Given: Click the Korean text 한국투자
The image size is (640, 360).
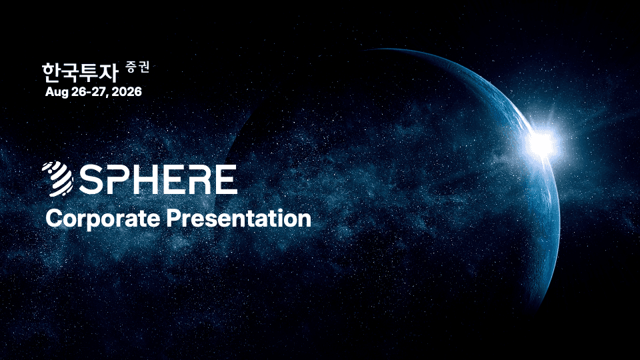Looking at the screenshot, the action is pyautogui.click(x=79, y=72).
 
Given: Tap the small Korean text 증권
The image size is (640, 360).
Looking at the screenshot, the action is pyautogui.click(x=137, y=67).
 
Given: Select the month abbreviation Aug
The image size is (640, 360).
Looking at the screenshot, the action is pyautogui.click(x=57, y=92).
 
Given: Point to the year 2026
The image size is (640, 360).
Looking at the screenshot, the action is pyautogui.click(x=127, y=91).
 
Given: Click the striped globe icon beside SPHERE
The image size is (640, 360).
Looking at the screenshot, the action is pyautogui.click(x=57, y=179).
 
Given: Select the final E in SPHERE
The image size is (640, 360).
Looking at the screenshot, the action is pyautogui.click(x=225, y=179).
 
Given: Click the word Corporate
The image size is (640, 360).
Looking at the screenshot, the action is pyautogui.click(x=103, y=219).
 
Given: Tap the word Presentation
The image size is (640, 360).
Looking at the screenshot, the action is pyautogui.click(x=239, y=218).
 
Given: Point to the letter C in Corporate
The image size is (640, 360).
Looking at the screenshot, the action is pyautogui.click(x=54, y=218).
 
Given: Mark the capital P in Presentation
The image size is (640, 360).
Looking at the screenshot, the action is pyautogui.click(x=173, y=218).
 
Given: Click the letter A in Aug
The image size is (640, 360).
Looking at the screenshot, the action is pyautogui.click(x=49, y=91).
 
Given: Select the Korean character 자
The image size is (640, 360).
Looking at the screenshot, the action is pyautogui.click(x=109, y=72).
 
